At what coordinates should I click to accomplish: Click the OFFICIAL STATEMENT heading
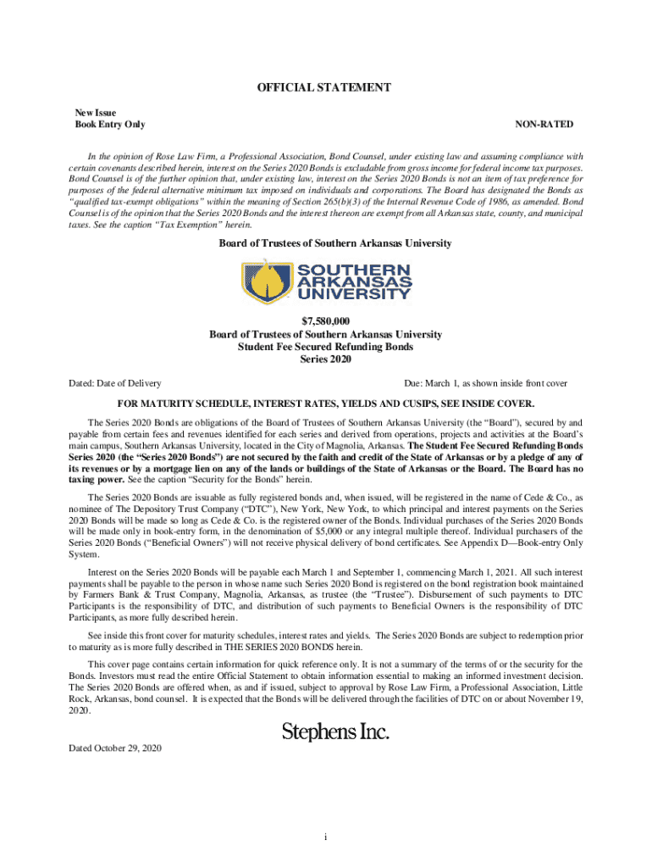click(x=325, y=87)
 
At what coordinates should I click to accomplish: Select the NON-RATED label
click(x=544, y=125)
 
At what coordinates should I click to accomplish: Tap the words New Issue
click(x=96, y=112)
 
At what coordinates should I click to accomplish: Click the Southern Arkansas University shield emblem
click(x=261, y=281)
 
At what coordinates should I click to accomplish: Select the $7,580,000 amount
click(x=325, y=322)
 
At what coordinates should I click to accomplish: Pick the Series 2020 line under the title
click(x=325, y=359)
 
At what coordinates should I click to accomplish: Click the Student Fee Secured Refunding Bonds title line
click(x=325, y=347)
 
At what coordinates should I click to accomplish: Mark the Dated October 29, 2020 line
click(x=115, y=748)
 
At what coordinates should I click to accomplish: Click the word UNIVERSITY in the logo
click(x=350, y=293)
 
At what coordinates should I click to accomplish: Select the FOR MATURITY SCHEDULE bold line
click(x=325, y=403)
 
